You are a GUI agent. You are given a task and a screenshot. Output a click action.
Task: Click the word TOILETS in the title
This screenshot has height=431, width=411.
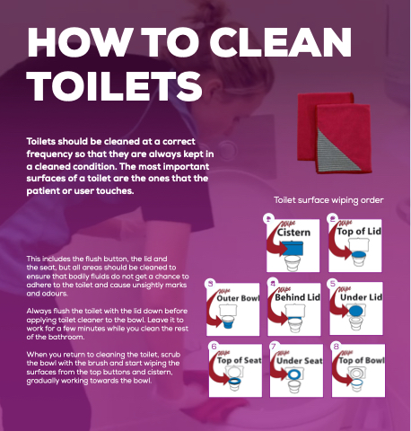click(114, 86)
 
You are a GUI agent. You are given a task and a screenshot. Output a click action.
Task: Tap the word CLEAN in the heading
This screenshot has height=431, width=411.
click(281, 42)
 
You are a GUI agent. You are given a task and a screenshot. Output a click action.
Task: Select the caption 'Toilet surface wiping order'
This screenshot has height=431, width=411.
click(328, 200)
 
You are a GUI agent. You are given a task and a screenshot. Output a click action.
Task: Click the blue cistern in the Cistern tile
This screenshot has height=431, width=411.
click(293, 249)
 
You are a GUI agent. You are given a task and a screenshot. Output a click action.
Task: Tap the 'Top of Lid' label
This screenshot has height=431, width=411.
click(359, 232)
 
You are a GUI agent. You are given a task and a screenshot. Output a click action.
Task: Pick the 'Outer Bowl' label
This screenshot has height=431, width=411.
click(238, 298)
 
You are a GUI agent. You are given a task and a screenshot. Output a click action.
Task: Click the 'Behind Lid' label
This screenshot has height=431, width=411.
click(297, 297)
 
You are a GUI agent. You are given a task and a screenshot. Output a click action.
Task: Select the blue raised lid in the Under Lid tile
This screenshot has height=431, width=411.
click(356, 312)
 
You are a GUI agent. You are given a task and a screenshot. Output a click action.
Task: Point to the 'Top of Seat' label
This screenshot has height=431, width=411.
click(239, 360)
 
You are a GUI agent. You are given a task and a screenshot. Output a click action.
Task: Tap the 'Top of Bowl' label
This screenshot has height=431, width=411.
click(362, 360)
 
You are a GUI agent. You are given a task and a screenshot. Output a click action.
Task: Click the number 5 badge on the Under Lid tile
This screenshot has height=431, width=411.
click(333, 284)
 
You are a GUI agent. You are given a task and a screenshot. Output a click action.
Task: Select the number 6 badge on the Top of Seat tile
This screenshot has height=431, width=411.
click(214, 347)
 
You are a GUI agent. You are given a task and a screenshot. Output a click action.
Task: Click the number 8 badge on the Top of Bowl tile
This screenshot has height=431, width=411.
click(337, 347)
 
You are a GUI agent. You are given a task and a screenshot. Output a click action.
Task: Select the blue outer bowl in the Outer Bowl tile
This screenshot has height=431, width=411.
click(228, 324)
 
